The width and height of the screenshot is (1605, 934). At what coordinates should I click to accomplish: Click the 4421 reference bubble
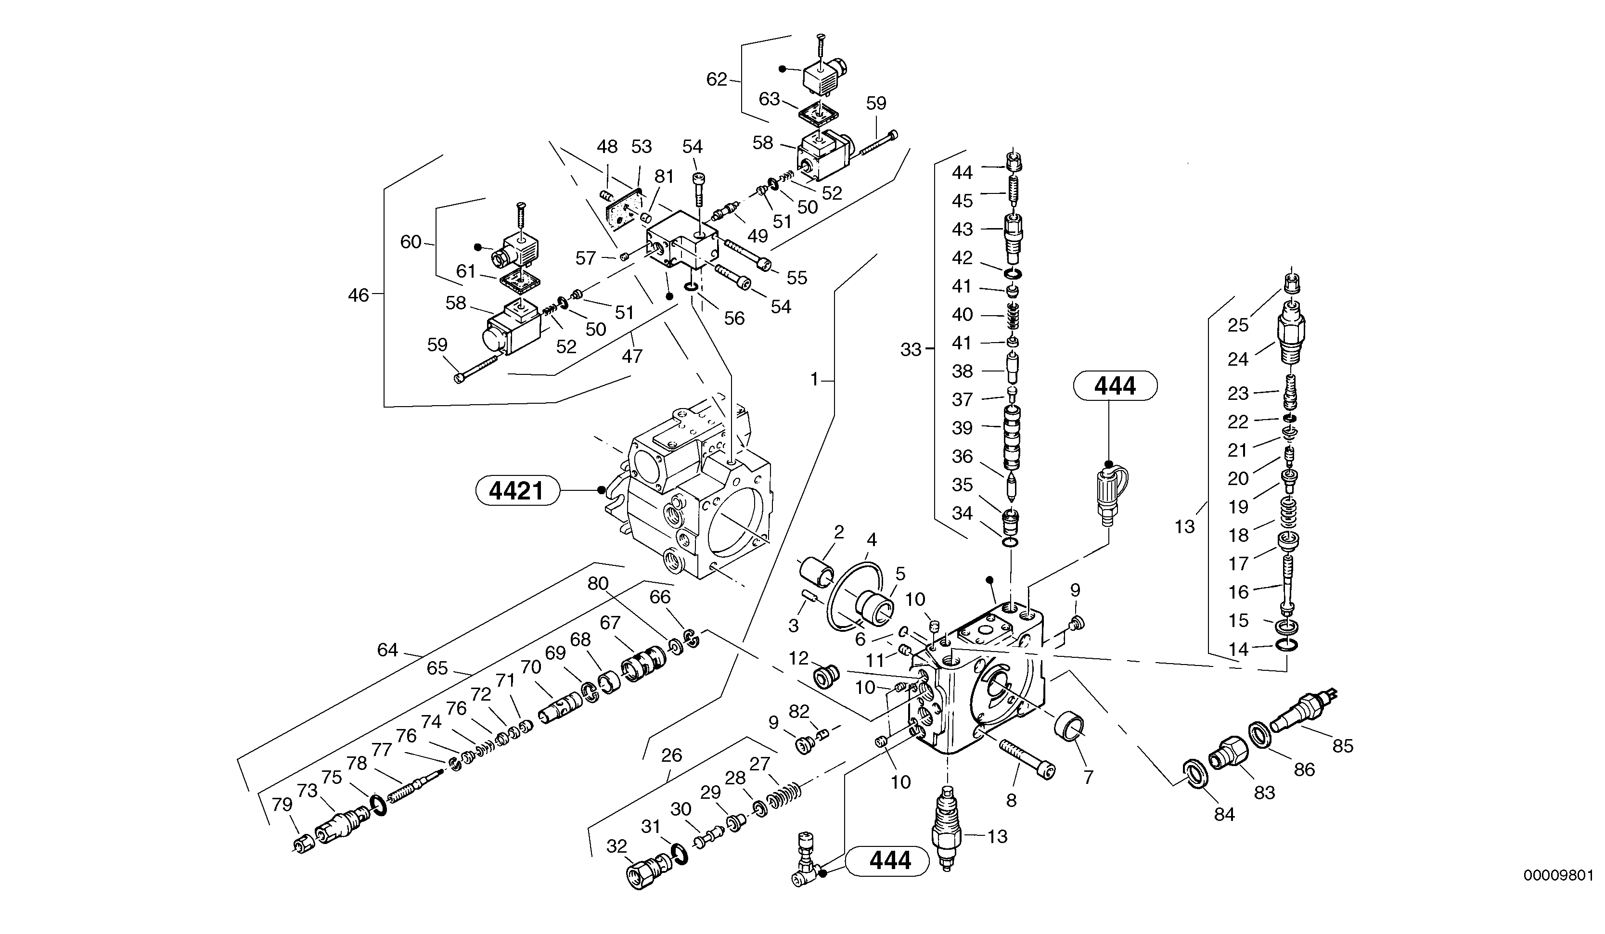click(x=517, y=491)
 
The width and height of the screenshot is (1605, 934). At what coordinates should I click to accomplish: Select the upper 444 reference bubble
click(x=1115, y=386)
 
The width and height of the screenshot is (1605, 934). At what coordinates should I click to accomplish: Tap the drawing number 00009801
click(x=1558, y=875)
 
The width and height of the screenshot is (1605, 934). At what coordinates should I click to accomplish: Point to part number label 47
click(x=632, y=356)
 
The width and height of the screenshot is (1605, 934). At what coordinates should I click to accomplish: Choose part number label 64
click(x=387, y=650)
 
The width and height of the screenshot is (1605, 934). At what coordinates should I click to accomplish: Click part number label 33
click(x=911, y=349)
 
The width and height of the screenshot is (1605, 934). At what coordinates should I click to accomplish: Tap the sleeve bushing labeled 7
click(x=1069, y=727)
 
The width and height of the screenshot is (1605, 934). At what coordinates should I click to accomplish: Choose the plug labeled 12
click(x=826, y=677)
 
